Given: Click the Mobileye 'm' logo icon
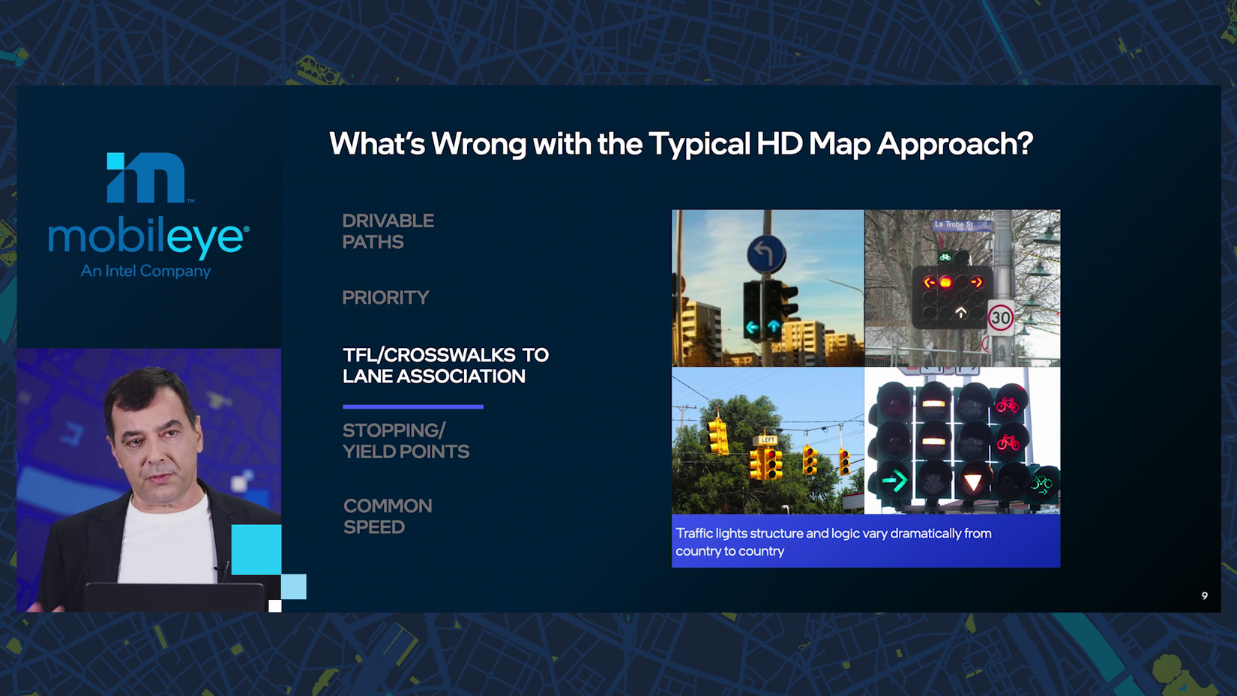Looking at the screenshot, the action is point(145,177).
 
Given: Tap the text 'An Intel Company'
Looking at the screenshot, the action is point(145,271).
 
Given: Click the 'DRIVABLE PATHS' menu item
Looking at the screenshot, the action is point(388,232).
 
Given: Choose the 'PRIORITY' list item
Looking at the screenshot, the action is point(385,298).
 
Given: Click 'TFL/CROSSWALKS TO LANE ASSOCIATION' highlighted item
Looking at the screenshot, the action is point(445,365).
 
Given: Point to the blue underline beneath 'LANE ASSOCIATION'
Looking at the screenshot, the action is point(413,407).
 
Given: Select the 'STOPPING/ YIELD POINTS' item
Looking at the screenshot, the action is point(406,441).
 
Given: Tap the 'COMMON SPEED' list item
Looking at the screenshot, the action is point(388,517).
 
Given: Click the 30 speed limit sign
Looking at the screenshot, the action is point(1001,317).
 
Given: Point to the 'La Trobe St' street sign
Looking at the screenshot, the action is point(961,225).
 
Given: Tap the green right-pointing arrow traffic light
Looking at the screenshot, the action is point(894,481).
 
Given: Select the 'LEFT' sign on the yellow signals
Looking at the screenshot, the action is point(767,440).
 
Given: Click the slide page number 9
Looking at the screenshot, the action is point(1205,595).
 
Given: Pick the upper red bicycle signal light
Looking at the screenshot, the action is point(1008,405).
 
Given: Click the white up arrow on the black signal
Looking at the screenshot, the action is point(961,313).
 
